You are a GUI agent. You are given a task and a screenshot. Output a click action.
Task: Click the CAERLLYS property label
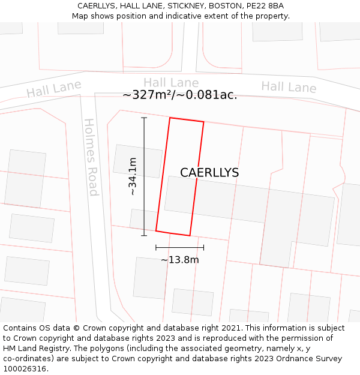pyautogui.click(x=209, y=173)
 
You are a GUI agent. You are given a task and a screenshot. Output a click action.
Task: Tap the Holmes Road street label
pyautogui.click(x=91, y=157)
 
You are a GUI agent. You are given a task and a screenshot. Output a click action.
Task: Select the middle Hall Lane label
pyautogui.click(x=170, y=83)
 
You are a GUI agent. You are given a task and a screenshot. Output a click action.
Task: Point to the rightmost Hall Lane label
pyautogui.click(x=289, y=87)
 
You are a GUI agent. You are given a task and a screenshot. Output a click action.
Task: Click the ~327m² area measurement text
pyautogui.click(x=179, y=95)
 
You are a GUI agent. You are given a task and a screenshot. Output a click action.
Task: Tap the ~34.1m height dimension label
pyautogui.click(x=133, y=176)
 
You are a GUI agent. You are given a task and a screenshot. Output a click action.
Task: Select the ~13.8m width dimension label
pyautogui.click(x=179, y=260)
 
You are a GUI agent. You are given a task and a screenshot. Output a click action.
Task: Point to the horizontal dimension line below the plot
pyautogui.click(x=179, y=247)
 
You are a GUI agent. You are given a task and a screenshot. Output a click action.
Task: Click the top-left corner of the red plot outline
pyautogui.click(x=170, y=118)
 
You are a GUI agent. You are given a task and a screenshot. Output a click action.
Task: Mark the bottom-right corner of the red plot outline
pyautogui.click(x=190, y=235)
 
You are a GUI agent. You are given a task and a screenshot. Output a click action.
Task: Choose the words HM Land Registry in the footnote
pyautogui.click(x=34, y=349)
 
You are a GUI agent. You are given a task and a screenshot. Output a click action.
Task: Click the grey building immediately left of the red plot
pyautogui.click(x=138, y=161)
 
